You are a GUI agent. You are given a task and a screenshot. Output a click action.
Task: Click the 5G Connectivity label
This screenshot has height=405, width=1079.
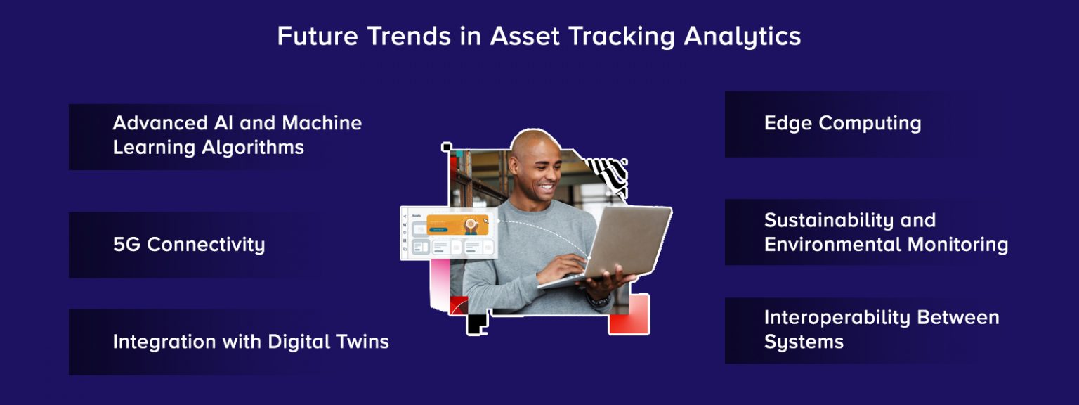tap(189, 245)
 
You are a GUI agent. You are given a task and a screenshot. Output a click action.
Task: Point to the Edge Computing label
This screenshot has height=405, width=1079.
tap(842, 123)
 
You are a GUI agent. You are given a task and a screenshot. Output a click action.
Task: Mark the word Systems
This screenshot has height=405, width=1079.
tap(804, 342)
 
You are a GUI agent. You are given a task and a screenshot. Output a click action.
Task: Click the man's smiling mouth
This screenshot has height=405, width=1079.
tap(546, 186)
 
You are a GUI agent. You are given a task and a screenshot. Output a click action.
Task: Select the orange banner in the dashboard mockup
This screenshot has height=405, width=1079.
tap(457, 224)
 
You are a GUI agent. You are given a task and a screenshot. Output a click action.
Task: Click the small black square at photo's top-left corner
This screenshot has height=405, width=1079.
tap(446, 147)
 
